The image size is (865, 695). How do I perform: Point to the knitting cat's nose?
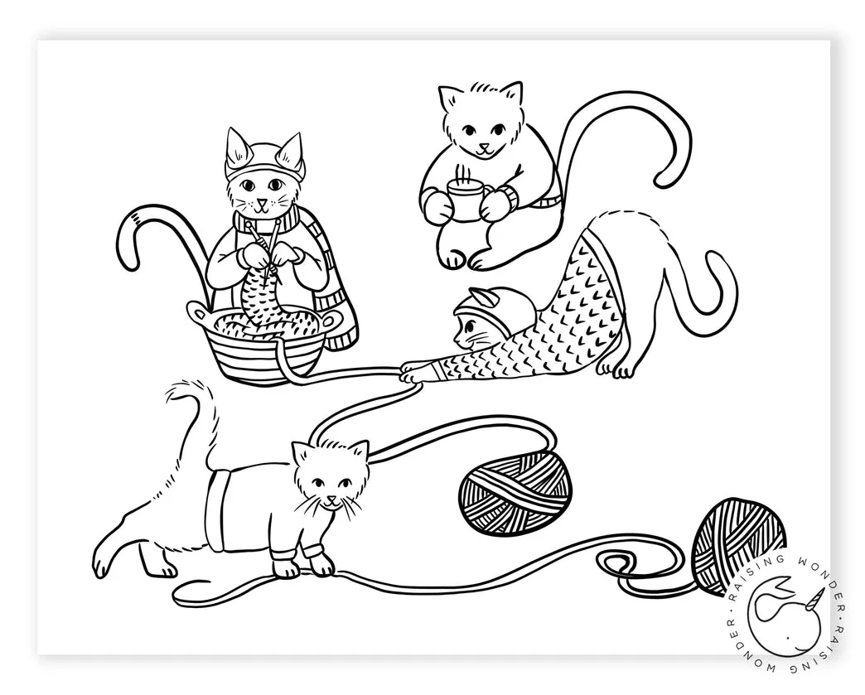pos(261,201)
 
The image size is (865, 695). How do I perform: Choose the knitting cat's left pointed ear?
pos(236,147)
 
